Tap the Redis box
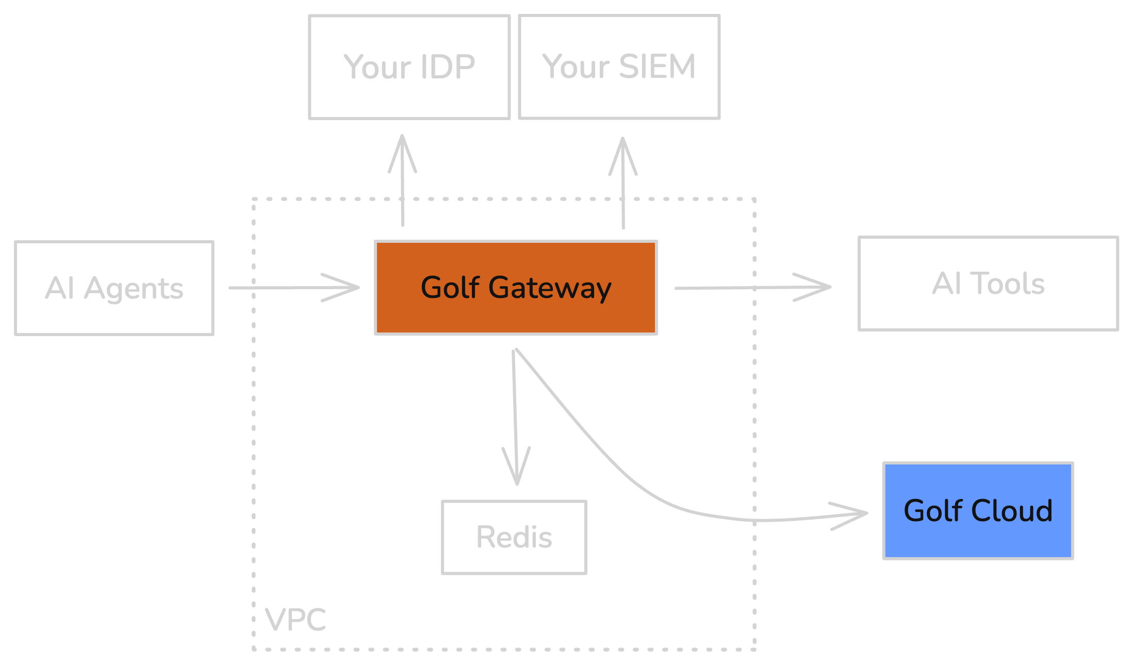tap(514, 537)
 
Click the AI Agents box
tap(114, 288)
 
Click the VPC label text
tap(295, 619)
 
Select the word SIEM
tap(657, 66)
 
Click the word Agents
tap(134, 288)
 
